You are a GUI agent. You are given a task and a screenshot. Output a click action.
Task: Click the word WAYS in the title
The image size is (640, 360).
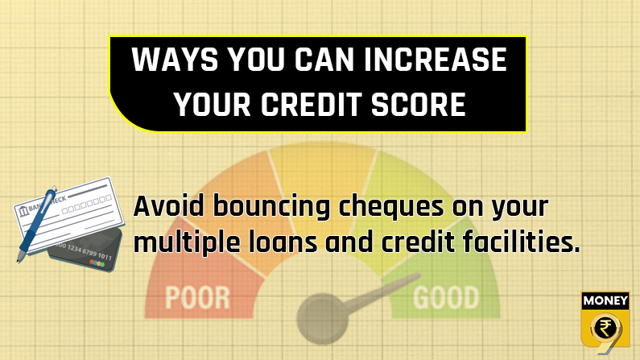click(x=175, y=60)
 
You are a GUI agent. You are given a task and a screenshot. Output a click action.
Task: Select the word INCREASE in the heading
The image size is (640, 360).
click(x=435, y=60)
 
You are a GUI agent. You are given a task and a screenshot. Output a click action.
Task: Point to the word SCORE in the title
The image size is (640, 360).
click(x=419, y=104)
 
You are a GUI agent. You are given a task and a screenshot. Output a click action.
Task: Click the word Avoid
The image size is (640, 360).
click(x=168, y=205)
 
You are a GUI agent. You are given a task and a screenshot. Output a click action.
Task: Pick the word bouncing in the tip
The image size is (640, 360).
click(x=271, y=208)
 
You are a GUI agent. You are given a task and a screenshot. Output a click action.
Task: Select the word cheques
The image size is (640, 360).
click(x=390, y=208)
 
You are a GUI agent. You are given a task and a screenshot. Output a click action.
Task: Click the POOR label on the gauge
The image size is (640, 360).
click(x=197, y=298)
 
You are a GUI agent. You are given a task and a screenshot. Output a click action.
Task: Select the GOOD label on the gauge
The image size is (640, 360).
click(x=446, y=297)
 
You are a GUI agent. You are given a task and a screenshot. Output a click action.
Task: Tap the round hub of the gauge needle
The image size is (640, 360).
click(x=323, y=318)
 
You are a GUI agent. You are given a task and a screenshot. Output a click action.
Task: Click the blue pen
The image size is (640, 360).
click(x=36, y=225)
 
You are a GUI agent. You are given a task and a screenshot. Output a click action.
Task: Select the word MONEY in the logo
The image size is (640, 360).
click(x=605, y=301)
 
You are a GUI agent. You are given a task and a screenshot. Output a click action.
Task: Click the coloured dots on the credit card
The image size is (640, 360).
click(x=97, y=263)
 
